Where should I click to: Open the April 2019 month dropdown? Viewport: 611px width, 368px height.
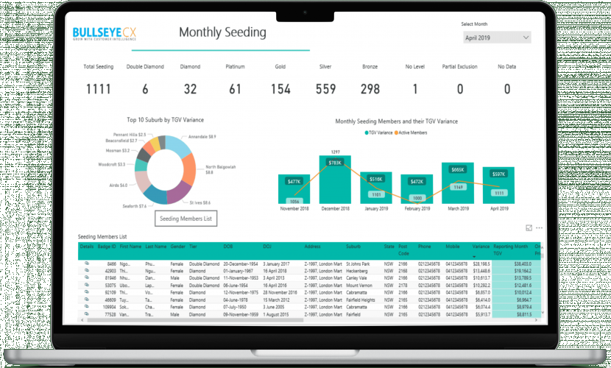[x=496, y=37]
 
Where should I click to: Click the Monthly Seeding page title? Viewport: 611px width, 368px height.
[x=222, y=33]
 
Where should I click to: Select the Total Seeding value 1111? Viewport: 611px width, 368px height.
[x=98, y=89]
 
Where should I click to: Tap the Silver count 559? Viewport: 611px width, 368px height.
[x=325, y=89]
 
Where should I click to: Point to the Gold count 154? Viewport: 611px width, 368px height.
[x=280, y=89]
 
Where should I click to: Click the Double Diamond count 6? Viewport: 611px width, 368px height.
[x=145, y=89]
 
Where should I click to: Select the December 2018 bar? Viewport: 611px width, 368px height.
[x=335, y=180]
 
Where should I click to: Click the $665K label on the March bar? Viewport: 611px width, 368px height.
[x=458, y=170]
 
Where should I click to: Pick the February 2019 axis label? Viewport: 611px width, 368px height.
[x=417, y=208]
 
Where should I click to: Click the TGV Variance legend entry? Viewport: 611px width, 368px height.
[x=381, y=132]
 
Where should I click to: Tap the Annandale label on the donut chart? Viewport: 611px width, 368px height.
[x=202, y=136]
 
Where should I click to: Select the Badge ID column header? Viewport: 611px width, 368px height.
[x=107, y=247]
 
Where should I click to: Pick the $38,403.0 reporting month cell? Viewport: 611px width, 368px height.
[x=522, y=263]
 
